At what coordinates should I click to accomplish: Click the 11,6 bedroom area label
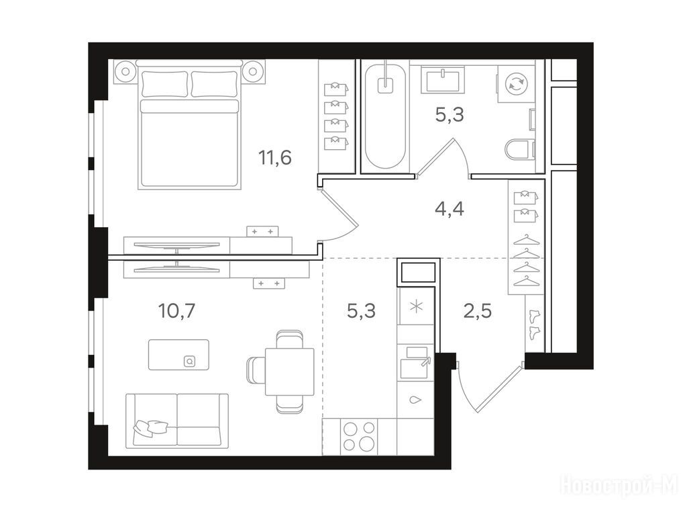tap(275, 157)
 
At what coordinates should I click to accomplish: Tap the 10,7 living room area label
tap(176, 310)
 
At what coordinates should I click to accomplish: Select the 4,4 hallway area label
tap(450, 209)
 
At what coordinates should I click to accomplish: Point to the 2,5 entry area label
tap(478, 310)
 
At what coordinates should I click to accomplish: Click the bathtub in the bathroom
tap(385, 116)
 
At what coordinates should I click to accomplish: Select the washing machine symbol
tap(516, 83)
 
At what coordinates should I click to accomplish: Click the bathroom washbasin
tap(443, 79)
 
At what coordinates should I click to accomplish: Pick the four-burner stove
tap(360, 437)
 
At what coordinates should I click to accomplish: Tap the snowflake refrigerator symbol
tap(415, 306)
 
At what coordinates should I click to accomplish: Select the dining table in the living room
tap(290, 372)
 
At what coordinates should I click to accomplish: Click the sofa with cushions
tap(177, 421)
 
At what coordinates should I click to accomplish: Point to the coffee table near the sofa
tap(178, 355)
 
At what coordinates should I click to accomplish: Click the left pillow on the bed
tap(165, 83)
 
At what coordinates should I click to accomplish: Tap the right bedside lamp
tap(252, 71)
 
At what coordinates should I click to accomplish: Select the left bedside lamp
tap(125, 71)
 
